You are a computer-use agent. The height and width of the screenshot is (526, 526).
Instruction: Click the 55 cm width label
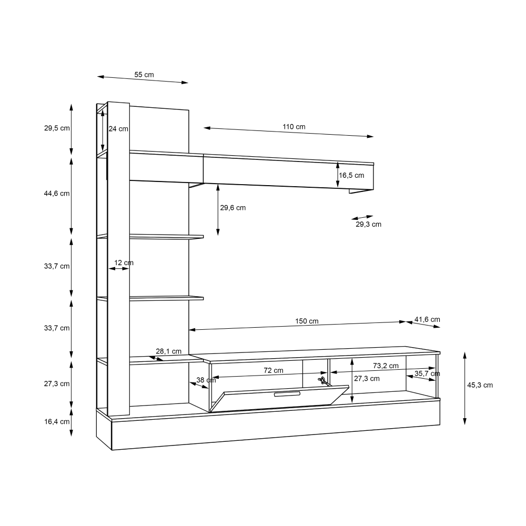pos(144,75)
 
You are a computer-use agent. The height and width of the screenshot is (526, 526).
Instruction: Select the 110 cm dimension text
pos(294,127)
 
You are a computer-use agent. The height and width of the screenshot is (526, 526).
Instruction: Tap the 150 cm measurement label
pos(306,321)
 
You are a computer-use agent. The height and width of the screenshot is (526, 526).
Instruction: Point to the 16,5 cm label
pos(351,175)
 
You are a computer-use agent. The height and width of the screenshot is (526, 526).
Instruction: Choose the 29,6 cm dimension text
pos(232,208)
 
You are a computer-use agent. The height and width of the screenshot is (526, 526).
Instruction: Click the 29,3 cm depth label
pos(368,225)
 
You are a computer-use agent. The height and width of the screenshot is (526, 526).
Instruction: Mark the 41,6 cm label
pos(427,319)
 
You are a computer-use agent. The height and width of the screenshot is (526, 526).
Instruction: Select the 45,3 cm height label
pos(480,385)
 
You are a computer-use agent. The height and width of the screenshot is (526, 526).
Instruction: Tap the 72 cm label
pos(273,370)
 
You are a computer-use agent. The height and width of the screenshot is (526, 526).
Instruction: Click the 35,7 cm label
pos(427,374)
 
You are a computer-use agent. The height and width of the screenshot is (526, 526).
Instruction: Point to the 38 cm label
pos(206,380)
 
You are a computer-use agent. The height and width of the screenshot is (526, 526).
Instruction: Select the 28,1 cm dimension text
pos(168,351)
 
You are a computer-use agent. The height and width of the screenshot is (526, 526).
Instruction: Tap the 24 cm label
pos(118,129)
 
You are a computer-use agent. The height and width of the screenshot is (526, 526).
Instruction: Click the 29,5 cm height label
pos(57,128)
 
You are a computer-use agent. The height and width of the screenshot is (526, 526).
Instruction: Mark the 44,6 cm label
pos(57,194)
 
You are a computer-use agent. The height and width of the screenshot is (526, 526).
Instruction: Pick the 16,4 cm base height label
pos(57,422)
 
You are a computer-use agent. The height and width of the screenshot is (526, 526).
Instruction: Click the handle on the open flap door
pos(286,394)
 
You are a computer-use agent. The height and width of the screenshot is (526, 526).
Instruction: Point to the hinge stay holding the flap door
pos(321,379)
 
